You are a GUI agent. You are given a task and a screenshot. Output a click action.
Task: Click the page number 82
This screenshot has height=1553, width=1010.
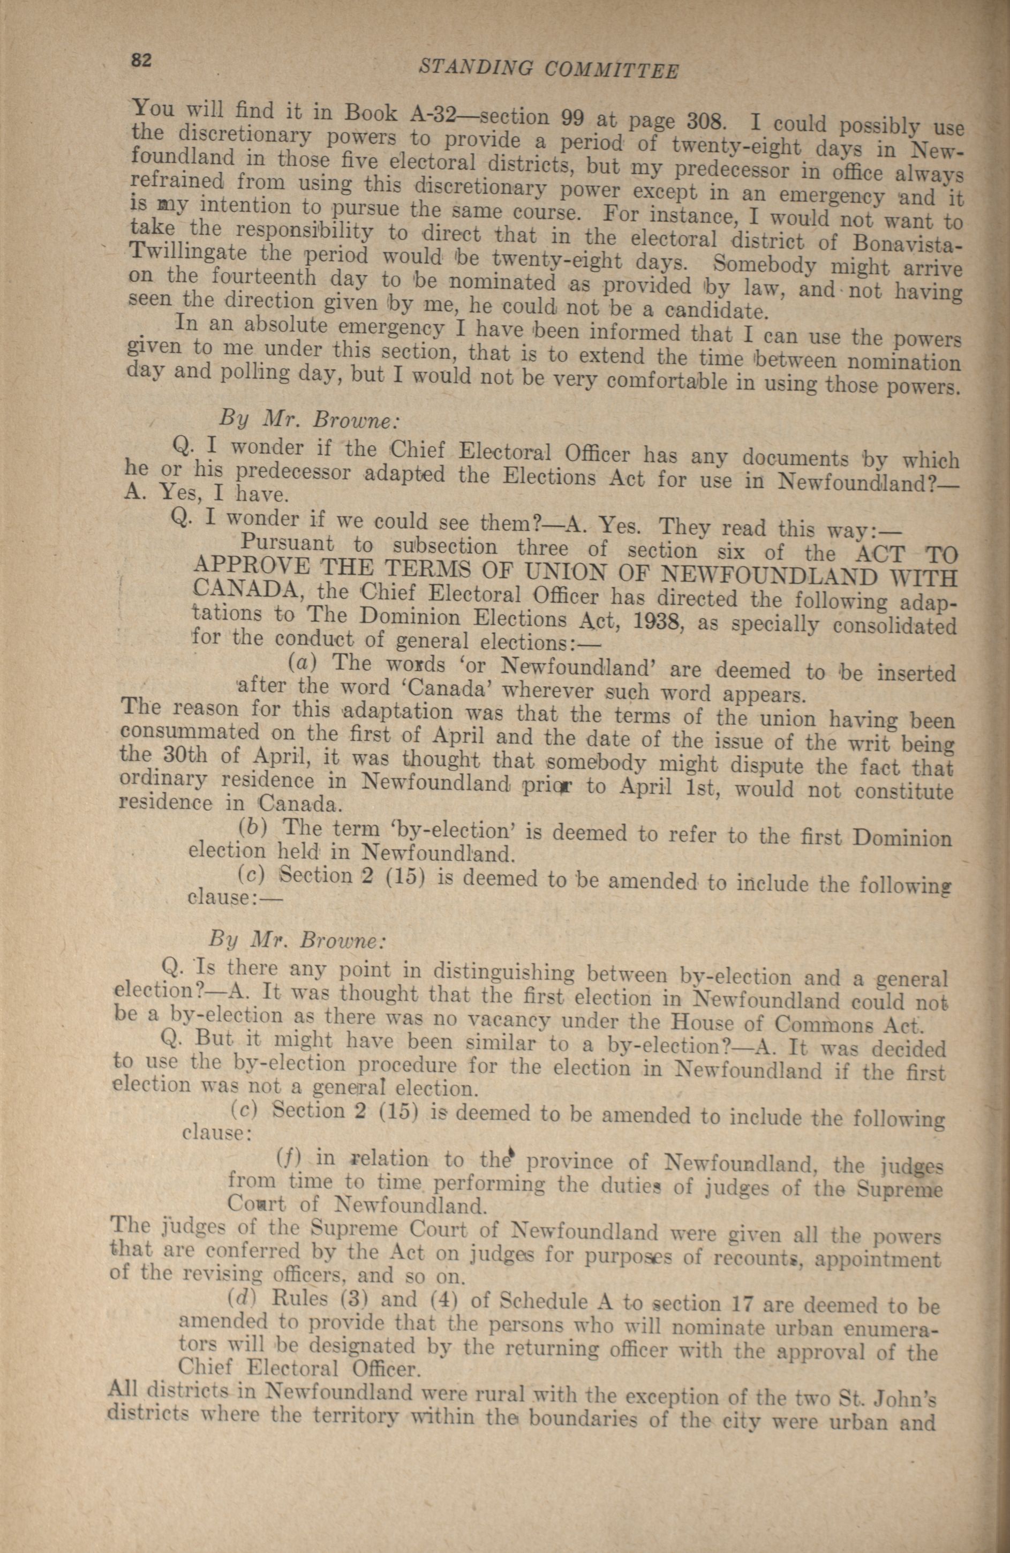coord(141,60)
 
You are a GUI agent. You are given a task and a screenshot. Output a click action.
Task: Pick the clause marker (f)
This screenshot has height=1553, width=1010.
coord(287,1158)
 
